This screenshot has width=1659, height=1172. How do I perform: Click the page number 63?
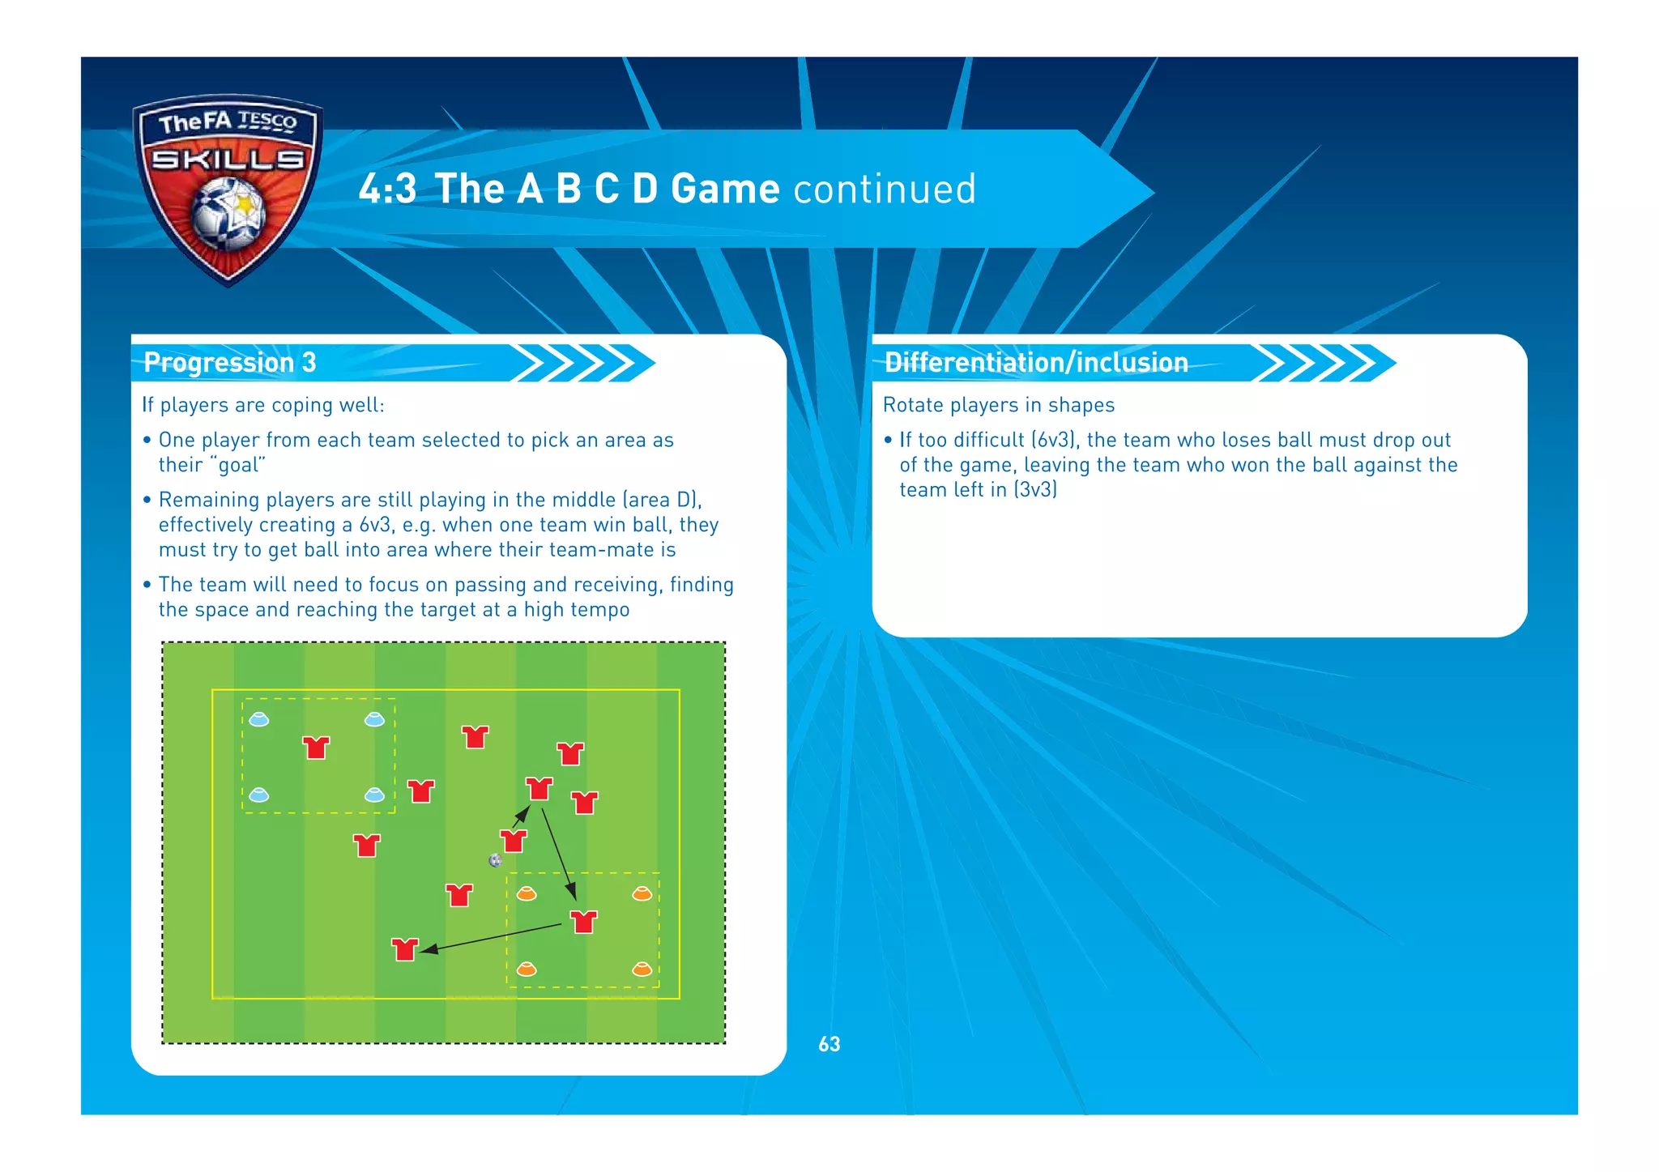tap(829, 1044)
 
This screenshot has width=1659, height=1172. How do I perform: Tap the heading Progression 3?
tap(229, 362)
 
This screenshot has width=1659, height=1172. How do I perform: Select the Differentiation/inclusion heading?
tap(1035, 362)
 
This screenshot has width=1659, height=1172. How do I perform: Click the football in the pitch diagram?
tap(496, 860)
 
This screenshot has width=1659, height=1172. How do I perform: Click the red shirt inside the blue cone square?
tap(316, 747)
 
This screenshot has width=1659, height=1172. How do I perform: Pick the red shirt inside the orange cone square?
tap(583, 922)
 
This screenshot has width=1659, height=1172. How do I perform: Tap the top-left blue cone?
tap(258, 719)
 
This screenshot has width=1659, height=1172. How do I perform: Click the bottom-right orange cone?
tap(642, 969)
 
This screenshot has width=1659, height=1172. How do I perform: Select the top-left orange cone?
tap(527, 893)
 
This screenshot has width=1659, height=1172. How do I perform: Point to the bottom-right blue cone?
tap(374, 795)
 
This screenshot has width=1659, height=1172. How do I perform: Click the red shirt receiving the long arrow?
tap(404, 948)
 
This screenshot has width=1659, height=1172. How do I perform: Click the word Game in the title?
tap(725, 189)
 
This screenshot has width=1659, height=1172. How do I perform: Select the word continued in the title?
tap(885, 189)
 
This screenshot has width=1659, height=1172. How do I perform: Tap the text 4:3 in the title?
tap(387, 189)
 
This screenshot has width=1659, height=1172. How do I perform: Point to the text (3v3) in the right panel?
tap(1035, 489)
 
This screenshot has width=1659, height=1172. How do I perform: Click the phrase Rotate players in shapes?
tap(998, 405)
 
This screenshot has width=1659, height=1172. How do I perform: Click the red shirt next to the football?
tap(513, 841)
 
